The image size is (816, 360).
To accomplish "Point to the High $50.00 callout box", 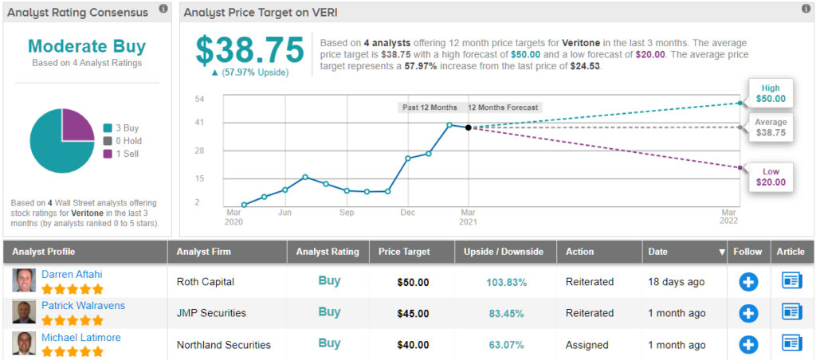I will coord(771,94).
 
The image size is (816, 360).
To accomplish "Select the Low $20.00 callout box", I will coord(771,177).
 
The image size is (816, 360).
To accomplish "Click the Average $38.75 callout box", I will coord(771,127).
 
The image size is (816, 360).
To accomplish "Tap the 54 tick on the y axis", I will coord(200,99).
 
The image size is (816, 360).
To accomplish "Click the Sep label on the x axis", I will coord(347,213).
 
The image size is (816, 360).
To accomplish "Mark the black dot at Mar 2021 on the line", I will coord(469,127).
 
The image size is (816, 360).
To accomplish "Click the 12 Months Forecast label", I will coord(503,108).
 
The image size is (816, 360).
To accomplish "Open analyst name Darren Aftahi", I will coord(71,274).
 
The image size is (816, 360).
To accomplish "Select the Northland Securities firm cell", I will coord(223,345).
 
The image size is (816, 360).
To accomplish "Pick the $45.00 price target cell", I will coord(413,313).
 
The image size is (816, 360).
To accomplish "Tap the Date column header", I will coord(658,251).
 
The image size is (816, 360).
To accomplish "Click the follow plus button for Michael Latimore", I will coord(748,344).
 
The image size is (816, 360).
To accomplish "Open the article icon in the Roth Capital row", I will coord(790,280).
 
